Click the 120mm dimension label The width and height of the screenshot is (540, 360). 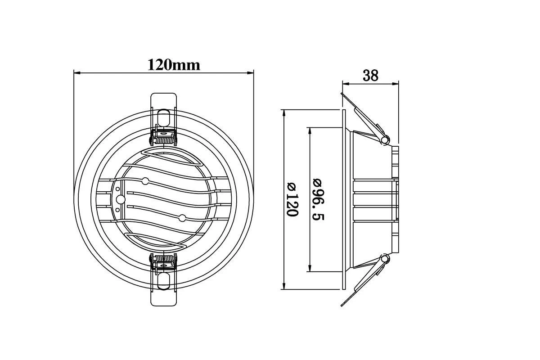(x=174, y=65)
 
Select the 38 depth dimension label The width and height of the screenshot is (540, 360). (x=370, y=76)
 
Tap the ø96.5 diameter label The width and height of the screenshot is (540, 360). (x=318, y=199)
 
